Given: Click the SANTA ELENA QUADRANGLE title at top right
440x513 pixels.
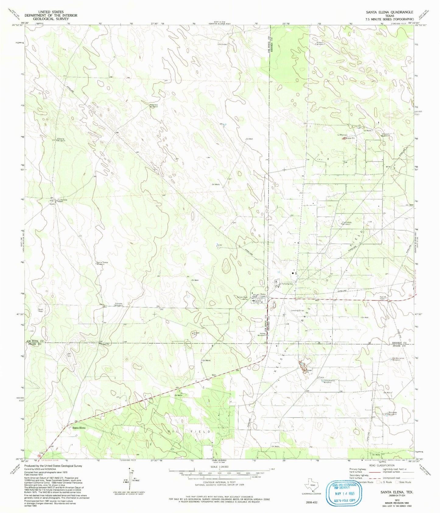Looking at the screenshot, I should pos(389,12).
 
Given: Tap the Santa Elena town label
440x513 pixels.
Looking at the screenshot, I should pos(79,428).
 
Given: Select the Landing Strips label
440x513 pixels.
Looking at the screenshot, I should pos(297,310).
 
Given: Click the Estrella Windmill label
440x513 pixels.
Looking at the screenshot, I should pos(59,140).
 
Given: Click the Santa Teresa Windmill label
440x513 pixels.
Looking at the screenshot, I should pos(102,263).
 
